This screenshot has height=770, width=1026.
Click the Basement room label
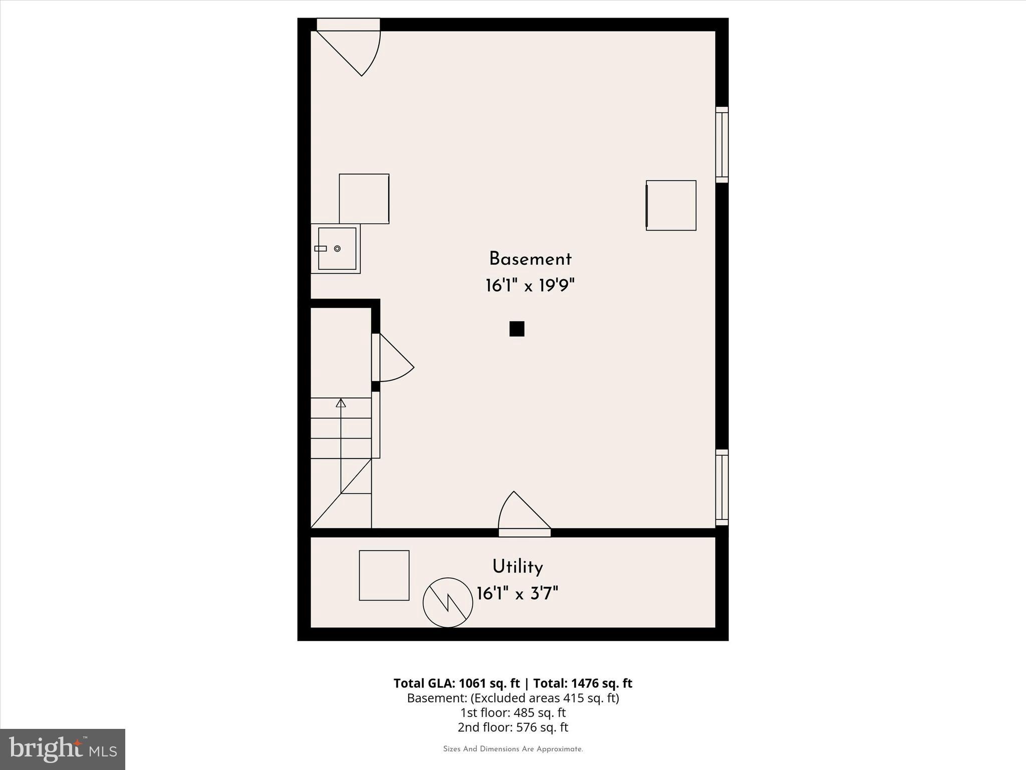[x=530, y=259]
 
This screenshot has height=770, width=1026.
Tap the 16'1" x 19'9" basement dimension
[x=530, y=286]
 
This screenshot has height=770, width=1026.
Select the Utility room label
[x=518, y=567]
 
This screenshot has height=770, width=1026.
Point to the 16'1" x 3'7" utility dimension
[x=518, y=594]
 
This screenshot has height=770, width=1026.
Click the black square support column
[x=517, y=329]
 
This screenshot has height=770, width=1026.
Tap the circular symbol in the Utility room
[x=448, y=603]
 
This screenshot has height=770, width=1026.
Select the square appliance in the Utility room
[x=384, y=575]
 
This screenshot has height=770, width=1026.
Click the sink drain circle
[x=337, y=249]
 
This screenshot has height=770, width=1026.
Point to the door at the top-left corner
[x=351, y=48]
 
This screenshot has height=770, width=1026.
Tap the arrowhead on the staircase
[x=341, y=403]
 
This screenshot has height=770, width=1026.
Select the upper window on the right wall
[x=721, y=144]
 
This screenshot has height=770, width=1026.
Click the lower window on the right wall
[x=721, y=487]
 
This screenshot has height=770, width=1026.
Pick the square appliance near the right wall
[x=671, y=206]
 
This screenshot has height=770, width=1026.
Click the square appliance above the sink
[x=364, y=199]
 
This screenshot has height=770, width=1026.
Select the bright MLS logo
[x=63, y=749]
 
